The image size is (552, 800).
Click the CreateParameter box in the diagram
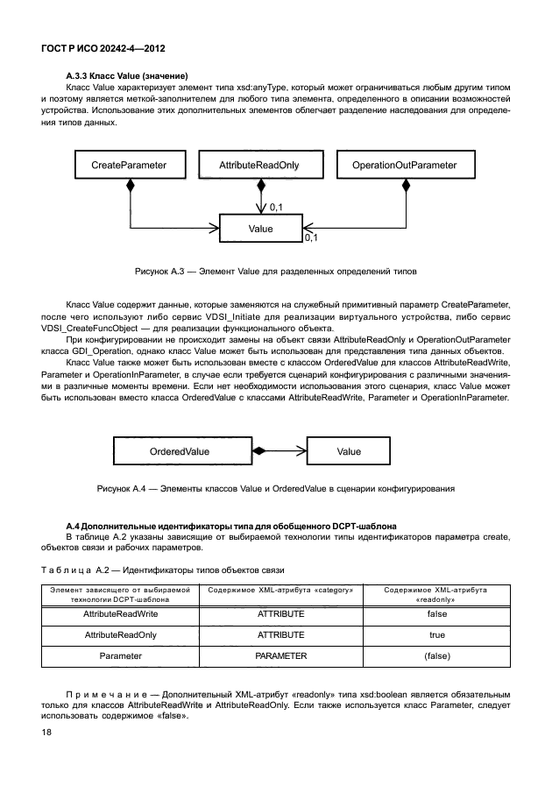(x=128, y=165)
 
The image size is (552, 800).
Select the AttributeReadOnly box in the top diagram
(x=260, y=165)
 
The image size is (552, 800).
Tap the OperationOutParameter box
(x=404, y=165)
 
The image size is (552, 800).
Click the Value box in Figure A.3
(x=260, y=229)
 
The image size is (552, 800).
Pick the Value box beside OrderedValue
(x=348, y=451)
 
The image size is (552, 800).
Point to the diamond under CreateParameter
(x=129, y=185)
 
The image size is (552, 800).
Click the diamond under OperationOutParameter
(x=406, y=185)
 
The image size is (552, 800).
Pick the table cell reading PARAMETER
(x=280, y=654)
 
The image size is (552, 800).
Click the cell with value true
(x=436, y=634)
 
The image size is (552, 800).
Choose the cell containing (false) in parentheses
(x=436, y=654)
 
